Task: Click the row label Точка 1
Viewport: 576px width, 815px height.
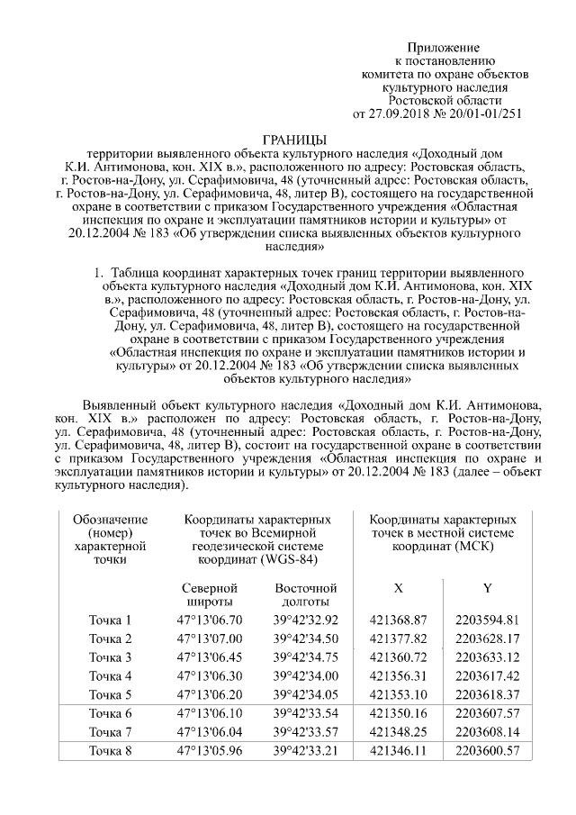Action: tap(111, 620)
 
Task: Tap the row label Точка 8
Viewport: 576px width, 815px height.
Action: tap(111, 750)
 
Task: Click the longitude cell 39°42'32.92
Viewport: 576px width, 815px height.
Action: tap(305, 620)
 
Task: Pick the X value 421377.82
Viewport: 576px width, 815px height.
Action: tap(398, 638)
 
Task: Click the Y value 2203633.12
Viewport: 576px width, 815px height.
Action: tap(488, 657)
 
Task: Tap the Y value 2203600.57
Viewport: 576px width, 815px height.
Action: tap(488, 750)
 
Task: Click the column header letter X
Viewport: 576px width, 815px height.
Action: tap(398, 588)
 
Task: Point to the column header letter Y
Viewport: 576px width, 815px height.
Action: tap(488, 588)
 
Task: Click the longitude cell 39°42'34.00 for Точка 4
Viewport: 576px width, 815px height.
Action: tap(305, 675)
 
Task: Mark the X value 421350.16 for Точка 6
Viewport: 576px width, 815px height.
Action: tap(398, 713)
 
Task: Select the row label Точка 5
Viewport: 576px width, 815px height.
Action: tap(111, 694)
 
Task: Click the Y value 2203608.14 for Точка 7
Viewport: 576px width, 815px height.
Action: tap(488, 731)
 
